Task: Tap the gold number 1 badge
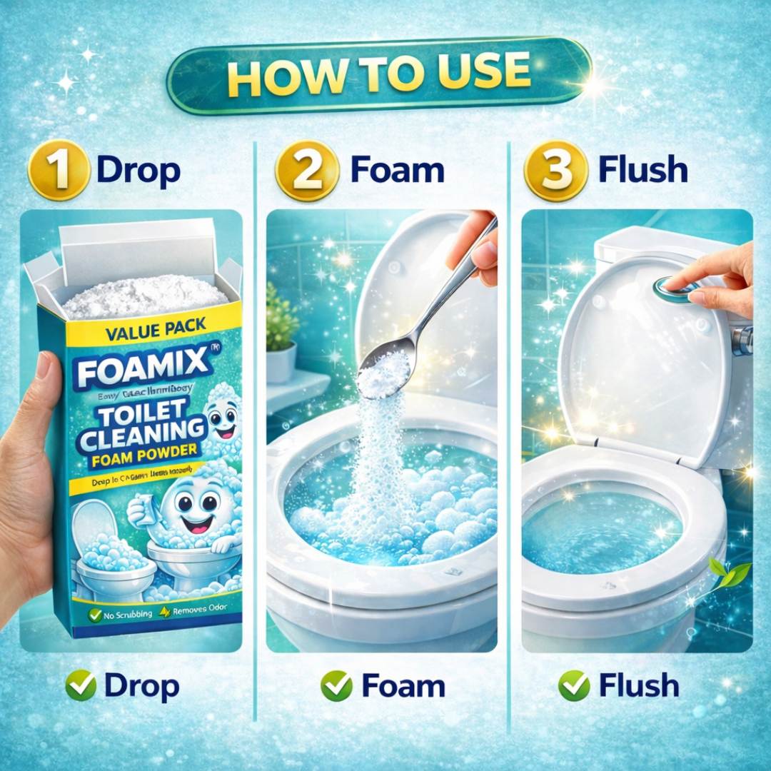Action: click(59, 171)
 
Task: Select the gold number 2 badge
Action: click(306, 171)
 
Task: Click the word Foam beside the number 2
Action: click(397, 171)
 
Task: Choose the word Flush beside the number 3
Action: click(643, 171)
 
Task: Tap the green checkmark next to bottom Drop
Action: click(80, 686)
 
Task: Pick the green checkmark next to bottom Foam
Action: click(336, 686)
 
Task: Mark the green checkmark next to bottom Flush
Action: click(575, 686)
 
